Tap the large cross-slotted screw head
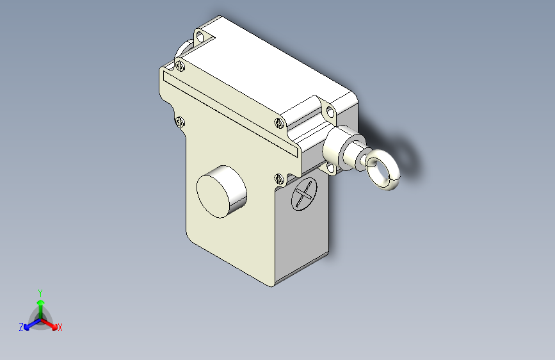point(304,193)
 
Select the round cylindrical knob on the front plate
point(221,191)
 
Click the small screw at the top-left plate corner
point(181,65)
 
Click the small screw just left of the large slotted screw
point(279,179)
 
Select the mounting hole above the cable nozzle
point(330,113)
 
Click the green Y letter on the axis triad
point(40,291)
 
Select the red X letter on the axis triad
point(60,328)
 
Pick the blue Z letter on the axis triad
point(21,327)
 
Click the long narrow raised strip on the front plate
point(230,113)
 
